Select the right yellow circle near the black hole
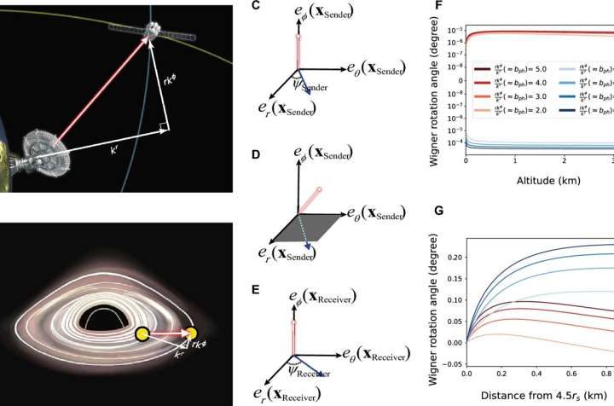(x=189, y=334)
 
